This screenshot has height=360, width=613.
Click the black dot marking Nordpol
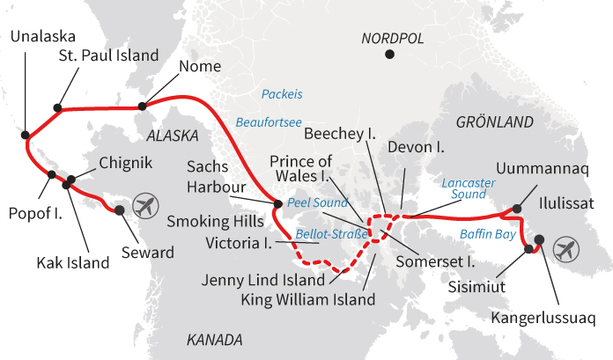(390, 55)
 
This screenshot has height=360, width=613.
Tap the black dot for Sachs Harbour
(278, 204)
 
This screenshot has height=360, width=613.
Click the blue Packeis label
(282, 93)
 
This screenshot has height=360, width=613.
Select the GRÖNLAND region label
(495, 120)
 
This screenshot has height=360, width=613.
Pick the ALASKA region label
(174, 136)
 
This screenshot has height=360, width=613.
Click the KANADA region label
(215, 339)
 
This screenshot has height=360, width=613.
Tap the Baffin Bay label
(487, 234)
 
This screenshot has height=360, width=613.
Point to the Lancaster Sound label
(473, 187)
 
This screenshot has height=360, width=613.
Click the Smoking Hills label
(215, 221)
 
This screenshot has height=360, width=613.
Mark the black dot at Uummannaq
(517, 208)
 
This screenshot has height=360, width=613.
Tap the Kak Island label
(71, 261)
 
